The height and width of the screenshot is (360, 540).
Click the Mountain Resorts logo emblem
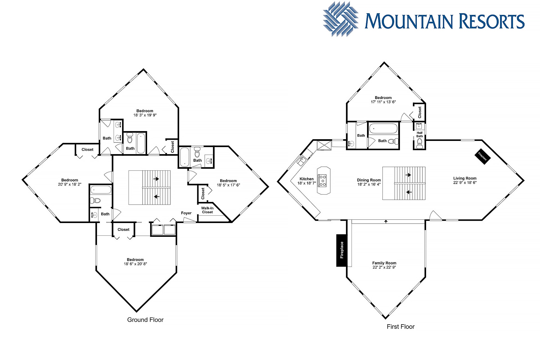coord(341,19)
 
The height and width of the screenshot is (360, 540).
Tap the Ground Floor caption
coord(145,320)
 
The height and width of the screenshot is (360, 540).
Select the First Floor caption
coord(400,327)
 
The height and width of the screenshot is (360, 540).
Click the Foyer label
coord(186,213)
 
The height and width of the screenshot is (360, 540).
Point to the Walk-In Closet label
coord(207,210)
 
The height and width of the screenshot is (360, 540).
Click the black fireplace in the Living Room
coord(483,156)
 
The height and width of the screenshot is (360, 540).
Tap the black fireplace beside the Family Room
coord(342,250)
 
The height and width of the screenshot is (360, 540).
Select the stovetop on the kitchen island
coord(322,181)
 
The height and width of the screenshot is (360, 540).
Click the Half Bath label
coord(420,134)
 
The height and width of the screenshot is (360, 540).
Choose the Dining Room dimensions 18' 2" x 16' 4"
coord(369,184)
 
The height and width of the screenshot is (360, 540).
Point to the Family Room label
coord(384,263)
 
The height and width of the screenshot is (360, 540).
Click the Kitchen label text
coord(307,179)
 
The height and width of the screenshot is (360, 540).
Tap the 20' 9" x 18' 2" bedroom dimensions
coord(69,184)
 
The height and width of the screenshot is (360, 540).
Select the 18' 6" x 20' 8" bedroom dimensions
coord(135,264)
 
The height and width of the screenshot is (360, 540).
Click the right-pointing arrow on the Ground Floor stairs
coord(156,179)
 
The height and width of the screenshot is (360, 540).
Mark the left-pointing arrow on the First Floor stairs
coord(409,192)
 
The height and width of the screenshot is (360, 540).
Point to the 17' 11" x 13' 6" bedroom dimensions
coord(383,102)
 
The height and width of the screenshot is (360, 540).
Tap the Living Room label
coord(465,178)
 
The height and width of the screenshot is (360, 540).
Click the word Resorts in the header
coord(492,21)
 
